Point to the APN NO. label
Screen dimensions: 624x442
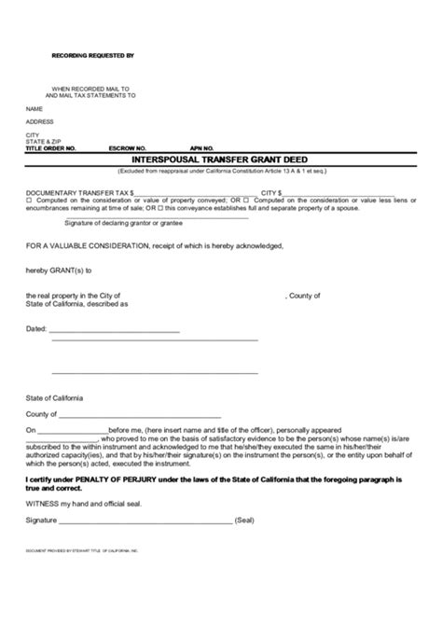202,148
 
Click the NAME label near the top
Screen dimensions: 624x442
35,108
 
